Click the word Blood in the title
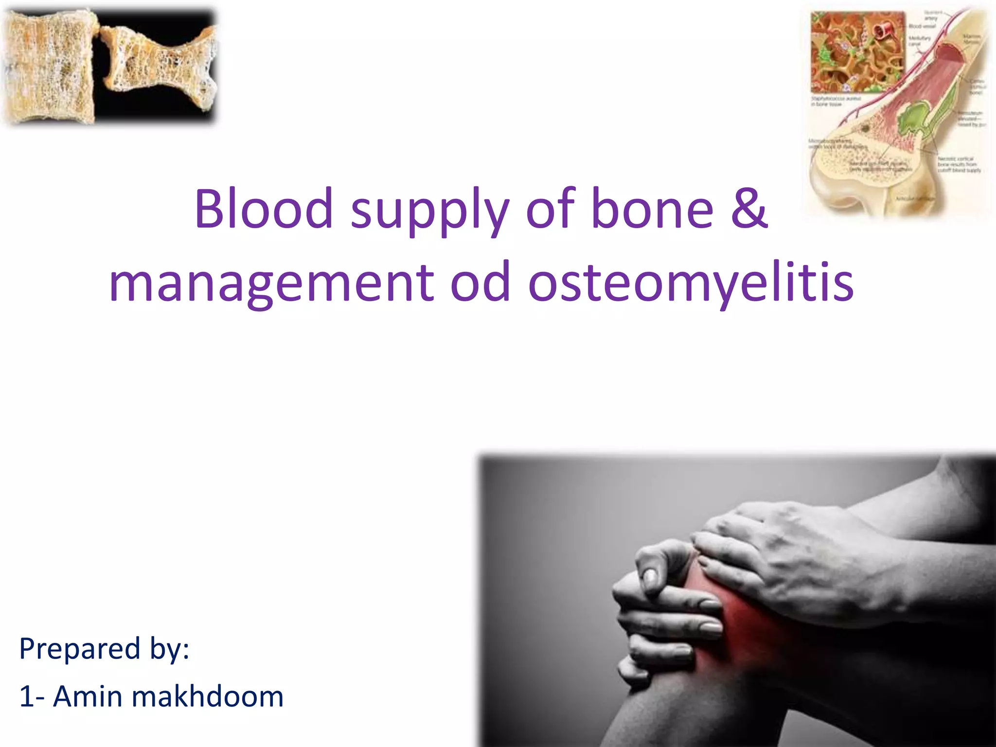(263, 209)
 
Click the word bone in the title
(652, 209)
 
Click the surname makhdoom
(207, 696)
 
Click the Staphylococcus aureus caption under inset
(835, 101)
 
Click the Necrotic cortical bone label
(958, 164)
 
